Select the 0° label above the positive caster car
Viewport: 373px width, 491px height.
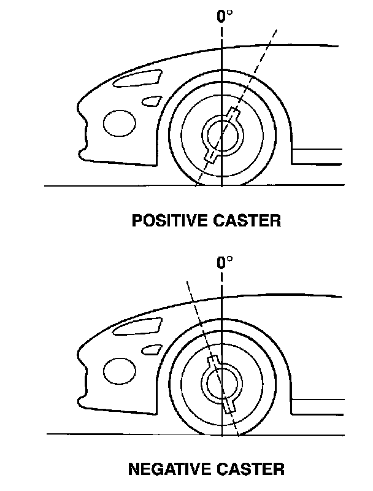[x=225, y=17]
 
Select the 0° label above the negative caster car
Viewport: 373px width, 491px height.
[x=225, y=263]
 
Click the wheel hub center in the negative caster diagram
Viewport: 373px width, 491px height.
[x=221, y=384]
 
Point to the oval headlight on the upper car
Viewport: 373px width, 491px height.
[x=119, y=123]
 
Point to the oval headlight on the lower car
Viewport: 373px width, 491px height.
[x=118, y=371]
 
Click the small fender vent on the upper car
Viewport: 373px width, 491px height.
[x=151, y=99]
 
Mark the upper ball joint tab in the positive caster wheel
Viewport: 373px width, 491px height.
[x=233, y=113]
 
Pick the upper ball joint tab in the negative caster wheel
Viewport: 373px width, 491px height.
[x=213, y=361]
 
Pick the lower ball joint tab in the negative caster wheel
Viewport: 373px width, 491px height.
[x=229, y=406]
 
